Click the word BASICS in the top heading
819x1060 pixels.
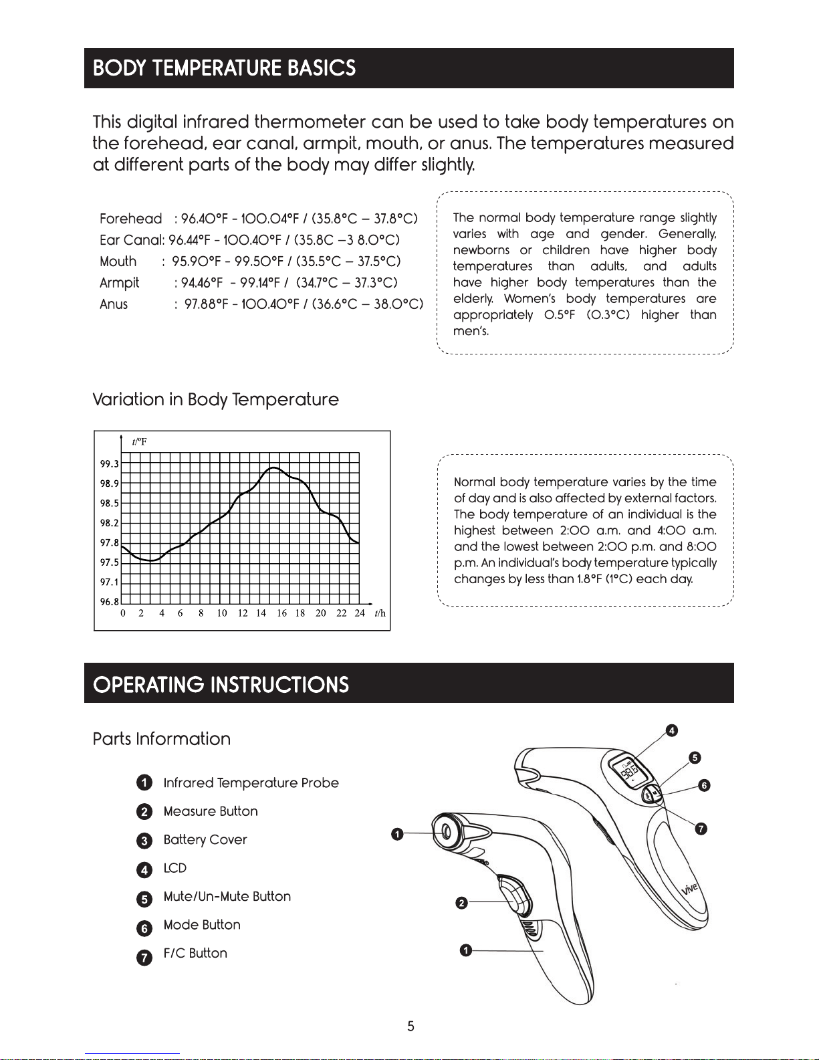tap(322, 68)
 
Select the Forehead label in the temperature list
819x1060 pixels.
tap(130, 219)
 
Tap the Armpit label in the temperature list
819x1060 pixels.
tap(119, 283)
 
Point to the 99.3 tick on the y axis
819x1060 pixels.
tap(109, 463)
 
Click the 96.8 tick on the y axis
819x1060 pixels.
tap(109, 602)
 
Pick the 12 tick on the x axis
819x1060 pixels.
tap(243, 613)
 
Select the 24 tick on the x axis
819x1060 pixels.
tap(360, 613)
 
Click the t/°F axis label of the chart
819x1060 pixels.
tap(139, 442)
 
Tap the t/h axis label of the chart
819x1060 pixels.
tap(380, 613)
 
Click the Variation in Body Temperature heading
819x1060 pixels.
tap(215, 400)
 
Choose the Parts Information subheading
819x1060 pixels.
tap(161, 739)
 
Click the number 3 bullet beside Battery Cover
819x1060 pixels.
tap(144, 841)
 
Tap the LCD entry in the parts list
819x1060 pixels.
tap(174, 868)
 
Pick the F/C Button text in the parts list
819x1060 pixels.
tap(195, 953)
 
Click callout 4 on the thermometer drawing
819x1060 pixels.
tap(671, 730)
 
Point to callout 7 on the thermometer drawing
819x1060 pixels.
tap(701, 829)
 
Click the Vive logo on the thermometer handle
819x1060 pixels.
tap(689, 889)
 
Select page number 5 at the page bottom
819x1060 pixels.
tap(411, 1026)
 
